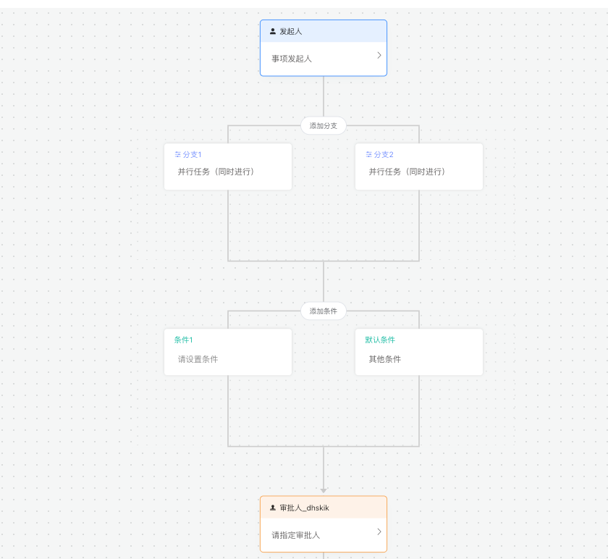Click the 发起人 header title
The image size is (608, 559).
[x=291, y=31]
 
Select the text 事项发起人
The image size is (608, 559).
[x=292, y=59]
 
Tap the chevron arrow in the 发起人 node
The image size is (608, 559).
[x=379, y=56]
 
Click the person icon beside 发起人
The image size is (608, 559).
[x=273, y=31]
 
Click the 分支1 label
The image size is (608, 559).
[x=192, y=154]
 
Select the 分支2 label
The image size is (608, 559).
[x=384, y=154]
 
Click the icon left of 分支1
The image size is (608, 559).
[x=177, y=154]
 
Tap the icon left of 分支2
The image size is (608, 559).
[x=368, y=154]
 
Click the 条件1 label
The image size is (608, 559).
[x=183, y=340]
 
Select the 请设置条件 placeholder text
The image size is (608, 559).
[x=198, y=359]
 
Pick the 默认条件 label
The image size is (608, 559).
[x=380, y=340]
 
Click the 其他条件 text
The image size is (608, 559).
[x=384, y=359]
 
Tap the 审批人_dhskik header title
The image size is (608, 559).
[x=305, y=508]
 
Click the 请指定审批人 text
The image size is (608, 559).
[x=295, y=535]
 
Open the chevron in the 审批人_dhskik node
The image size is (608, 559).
[x=379, y=531]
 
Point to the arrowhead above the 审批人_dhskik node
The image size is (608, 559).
[x=324, y=491]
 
